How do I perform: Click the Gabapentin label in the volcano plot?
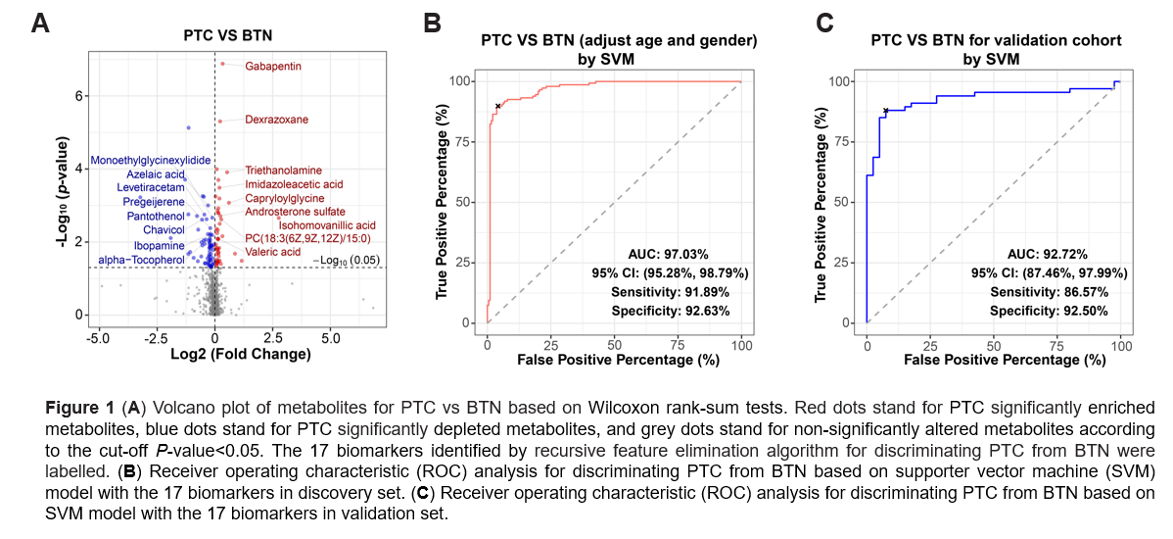click(x=272, y=66)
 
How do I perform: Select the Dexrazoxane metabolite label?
click(x=276, y=120)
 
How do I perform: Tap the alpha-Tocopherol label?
click(x=141, y=260)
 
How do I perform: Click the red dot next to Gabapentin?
click(x=222, y=64)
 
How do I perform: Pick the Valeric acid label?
click(x=272, y=252)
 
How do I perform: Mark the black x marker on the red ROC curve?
click(x=497, y=106)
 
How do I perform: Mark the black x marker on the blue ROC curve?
click(x=886, y=111)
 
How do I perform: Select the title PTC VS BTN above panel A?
click(x=228, y=35)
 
